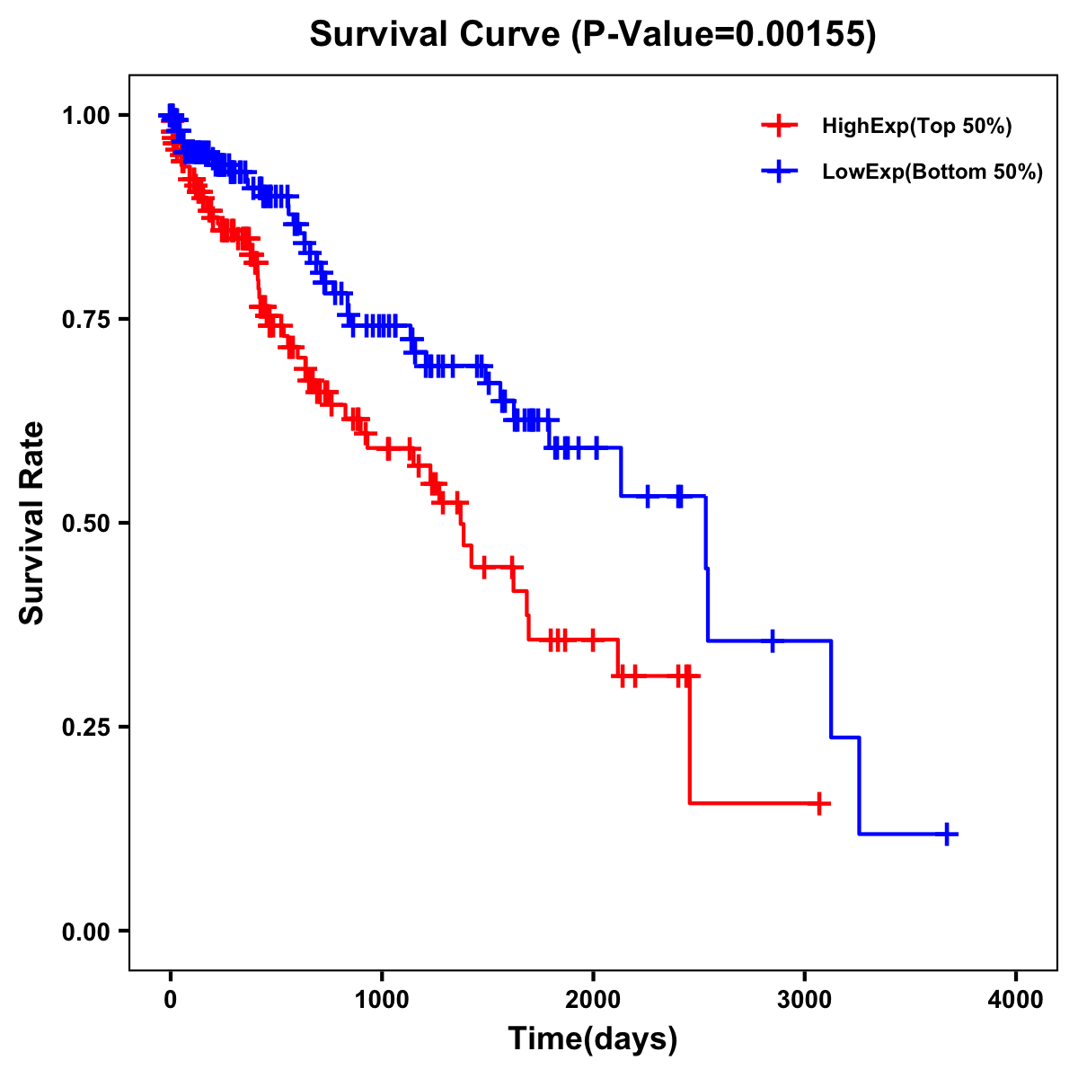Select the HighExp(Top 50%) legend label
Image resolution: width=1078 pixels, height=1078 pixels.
(x=916, y=127)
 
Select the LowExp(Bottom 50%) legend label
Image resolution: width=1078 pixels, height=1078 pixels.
(x=932, y=172)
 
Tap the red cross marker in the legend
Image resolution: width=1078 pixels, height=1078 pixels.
(x=779, y=126)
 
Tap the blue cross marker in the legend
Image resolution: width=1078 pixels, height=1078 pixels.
(x=779, y=171)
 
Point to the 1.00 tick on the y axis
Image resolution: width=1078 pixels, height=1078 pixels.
(x=85, y=116)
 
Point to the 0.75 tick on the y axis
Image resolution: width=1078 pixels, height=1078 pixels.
(x=85, y=320)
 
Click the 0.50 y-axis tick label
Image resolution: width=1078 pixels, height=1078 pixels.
(x=85, y=524)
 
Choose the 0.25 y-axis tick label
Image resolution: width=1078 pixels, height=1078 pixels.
(x=85, y=728)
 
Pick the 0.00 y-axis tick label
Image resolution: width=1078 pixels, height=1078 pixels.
(x=85, y=932)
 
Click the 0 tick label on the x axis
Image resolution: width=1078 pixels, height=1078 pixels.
(x=171, y=1000)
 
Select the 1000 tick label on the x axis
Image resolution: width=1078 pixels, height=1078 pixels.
(x=382, y=1000)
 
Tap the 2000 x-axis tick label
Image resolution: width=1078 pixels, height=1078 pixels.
(x=593, y=1000)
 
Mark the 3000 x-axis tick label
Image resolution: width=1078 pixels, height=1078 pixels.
(x=805, y=1000)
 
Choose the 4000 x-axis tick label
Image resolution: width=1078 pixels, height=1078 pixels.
(x=1016, y=1000)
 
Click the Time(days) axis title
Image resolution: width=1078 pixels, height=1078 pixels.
(x=593, y=1039)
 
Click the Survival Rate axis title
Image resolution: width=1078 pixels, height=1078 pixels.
(x=32, y=522)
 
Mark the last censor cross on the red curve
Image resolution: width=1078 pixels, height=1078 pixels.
(x=819, y=803)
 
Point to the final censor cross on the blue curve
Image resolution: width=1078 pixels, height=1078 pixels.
(x=947, y=835)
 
